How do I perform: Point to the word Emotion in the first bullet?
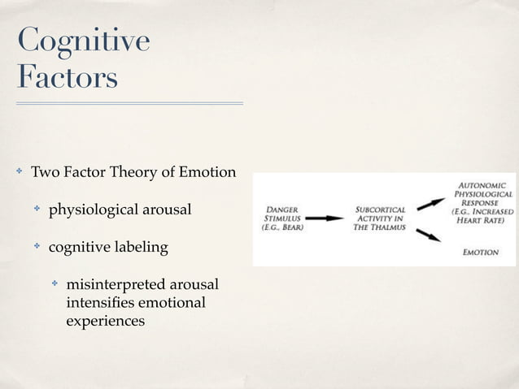210,173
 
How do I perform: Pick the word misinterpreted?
118,285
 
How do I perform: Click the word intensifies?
99,303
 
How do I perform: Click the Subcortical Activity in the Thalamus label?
379,218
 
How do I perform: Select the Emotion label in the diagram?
480,253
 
